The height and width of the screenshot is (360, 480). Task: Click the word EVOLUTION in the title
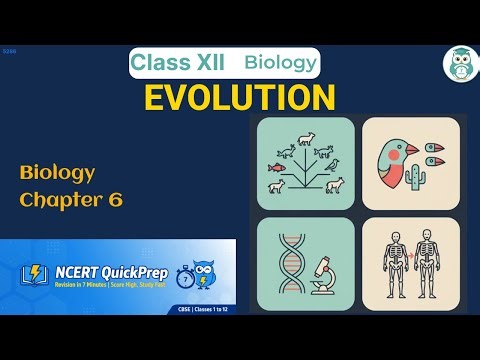239,98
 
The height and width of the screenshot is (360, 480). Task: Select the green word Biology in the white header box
281,63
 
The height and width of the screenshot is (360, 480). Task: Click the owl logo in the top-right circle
458,63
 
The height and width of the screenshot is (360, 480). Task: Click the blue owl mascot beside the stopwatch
210,275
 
